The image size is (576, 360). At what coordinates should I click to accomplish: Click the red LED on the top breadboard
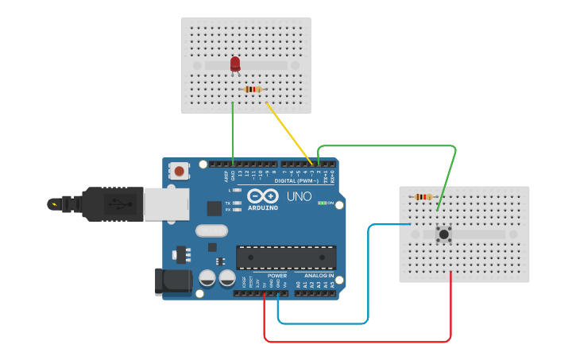pyautogui.click(x=235, y=64)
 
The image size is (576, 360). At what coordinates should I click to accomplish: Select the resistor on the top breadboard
pyautogui.click(x=253, y=89)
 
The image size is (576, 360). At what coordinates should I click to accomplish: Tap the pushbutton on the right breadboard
pyautogui.click(x=443, y=234)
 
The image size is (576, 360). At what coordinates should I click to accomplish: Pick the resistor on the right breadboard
pyautogui.click(x=423, y=196)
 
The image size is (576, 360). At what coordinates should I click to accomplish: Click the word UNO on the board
pyautogui.click(x=299, y=196)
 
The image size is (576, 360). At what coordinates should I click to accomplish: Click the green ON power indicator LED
pyautogui.click(x=323, y=203)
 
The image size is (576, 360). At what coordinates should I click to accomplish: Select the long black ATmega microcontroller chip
pyautogui.click(x=286, y=257)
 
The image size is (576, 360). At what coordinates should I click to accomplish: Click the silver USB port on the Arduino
pyautogui.click(x=167, y=203)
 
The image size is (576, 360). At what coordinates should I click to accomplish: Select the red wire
pyautogui.click(x=358, y=342)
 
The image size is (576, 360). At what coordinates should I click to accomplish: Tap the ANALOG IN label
pyautogui.click(x=319, y=276)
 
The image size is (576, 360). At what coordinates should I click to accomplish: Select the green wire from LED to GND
pyautogui.click(x=233, y=131)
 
